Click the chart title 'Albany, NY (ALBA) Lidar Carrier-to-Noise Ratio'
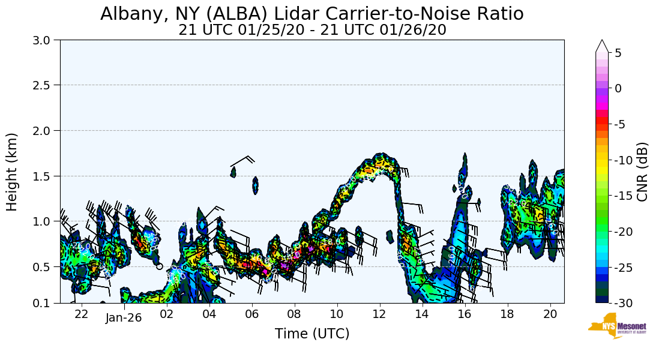pyautogui.click(x=311, y=14)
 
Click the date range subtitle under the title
pyautogui.click(x=311, y=30)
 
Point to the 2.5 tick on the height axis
pyautogui.click(x=44, y=85)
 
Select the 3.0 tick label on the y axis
pyautogui.click(x=44, y=40)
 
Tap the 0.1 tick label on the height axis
pyautogui.click(x=44, y=303)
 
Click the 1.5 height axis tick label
pyautogui.click(x=44, y=176)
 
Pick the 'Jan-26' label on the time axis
pyautogui.click(x=124, y=317)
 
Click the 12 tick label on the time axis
pyautogui.click(x=379, y=314)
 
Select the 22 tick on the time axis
pyautogui.click(x=82, y=314)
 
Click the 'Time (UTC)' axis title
pyautogui.click(x=312, y=334)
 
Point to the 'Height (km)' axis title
pyautogui.click(x=13, y=172)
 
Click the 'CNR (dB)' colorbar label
pyautogui.click(x=642, y=172)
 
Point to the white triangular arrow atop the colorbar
pyautogui.click(x=602, y=46)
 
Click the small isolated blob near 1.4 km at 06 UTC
pyautogui.click(x=255, y=185)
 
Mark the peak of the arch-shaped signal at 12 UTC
pyautogui.click(x=380, y=157)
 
